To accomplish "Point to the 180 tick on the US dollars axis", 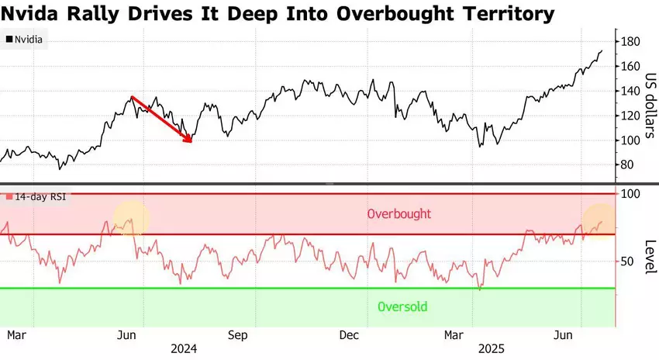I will [x=630, y=41].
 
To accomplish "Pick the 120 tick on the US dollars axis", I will [x=630, y=116].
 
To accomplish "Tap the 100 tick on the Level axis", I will [x=630, y=193].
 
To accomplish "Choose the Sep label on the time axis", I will [x=237, y=335].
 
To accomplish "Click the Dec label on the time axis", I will [x=349, y=335].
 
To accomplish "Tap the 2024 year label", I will [x=183, y=349].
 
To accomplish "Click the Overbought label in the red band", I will [x=399, y=213].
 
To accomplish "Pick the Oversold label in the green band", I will [x=402, y=306].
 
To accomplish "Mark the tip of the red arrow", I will [x=191, y=142].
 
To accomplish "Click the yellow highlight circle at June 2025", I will [x=600, y=220].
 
